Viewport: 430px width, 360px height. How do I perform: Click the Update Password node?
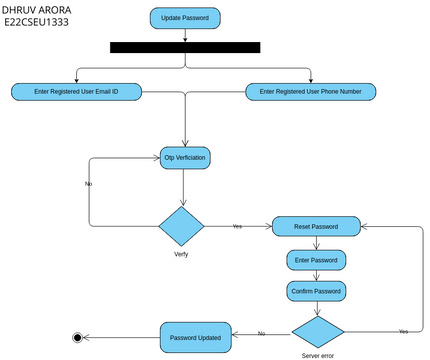[185, 18]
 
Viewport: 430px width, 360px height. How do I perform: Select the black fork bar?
[185, 47]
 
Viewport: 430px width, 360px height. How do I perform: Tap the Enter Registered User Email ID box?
[77, 91]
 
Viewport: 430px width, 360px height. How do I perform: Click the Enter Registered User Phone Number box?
[311, 91]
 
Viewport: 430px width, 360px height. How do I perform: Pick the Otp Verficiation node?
[186, 157]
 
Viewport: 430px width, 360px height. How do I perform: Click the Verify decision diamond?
[181, 226]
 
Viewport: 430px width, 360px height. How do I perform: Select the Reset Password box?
[316, 227]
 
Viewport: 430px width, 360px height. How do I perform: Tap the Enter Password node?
[316, 260]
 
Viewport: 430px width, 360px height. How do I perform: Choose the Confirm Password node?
[316, 291]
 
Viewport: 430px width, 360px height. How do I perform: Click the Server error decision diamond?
[317, 331]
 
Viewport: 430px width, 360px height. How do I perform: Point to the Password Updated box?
[196, 337]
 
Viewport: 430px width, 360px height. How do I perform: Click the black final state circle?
[77, 337]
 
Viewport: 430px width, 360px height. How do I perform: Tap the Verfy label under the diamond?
[181, 254]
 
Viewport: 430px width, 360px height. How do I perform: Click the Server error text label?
[317, 355]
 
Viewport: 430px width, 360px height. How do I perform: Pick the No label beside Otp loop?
[89, 184]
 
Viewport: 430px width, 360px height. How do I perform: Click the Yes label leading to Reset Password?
[237, 226]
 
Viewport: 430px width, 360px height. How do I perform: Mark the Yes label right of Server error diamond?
[403, 330]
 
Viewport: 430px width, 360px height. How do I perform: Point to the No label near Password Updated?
[261, 333]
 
